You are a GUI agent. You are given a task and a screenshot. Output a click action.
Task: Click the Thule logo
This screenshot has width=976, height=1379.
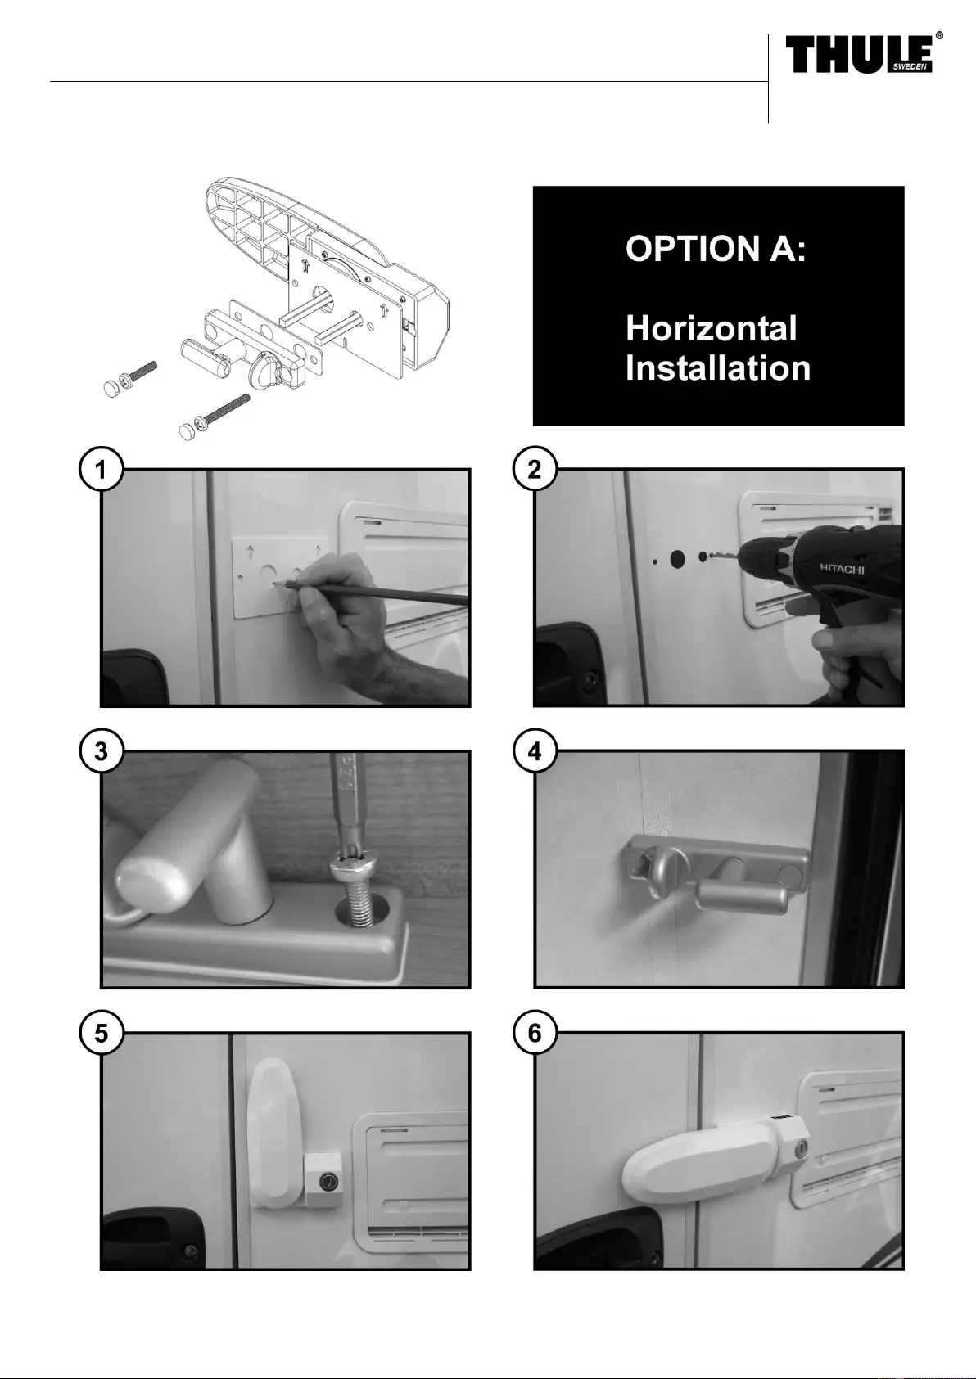click(863, 53)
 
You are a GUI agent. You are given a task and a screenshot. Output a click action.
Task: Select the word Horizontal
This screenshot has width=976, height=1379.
click(712, 328)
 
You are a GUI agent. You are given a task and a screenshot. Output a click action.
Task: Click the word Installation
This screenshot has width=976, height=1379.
click(718, 368)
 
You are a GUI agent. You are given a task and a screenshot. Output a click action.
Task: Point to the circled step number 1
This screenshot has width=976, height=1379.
click(101, 470)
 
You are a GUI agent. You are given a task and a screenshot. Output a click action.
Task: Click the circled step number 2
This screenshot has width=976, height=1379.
click(535, 470)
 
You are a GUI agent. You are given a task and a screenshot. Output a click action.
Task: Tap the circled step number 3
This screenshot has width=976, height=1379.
click(101, 751)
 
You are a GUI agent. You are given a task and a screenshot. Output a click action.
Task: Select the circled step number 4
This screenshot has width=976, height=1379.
click(535, 751)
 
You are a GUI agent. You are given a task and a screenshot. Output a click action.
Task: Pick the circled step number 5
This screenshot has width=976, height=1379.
click(101, 1032)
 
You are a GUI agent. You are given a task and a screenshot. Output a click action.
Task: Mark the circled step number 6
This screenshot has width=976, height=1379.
click(535, 1032)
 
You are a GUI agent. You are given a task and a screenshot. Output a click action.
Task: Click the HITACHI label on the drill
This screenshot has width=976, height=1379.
click(842, 569)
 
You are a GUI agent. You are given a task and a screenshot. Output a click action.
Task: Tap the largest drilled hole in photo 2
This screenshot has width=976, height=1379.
click(677, 558)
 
